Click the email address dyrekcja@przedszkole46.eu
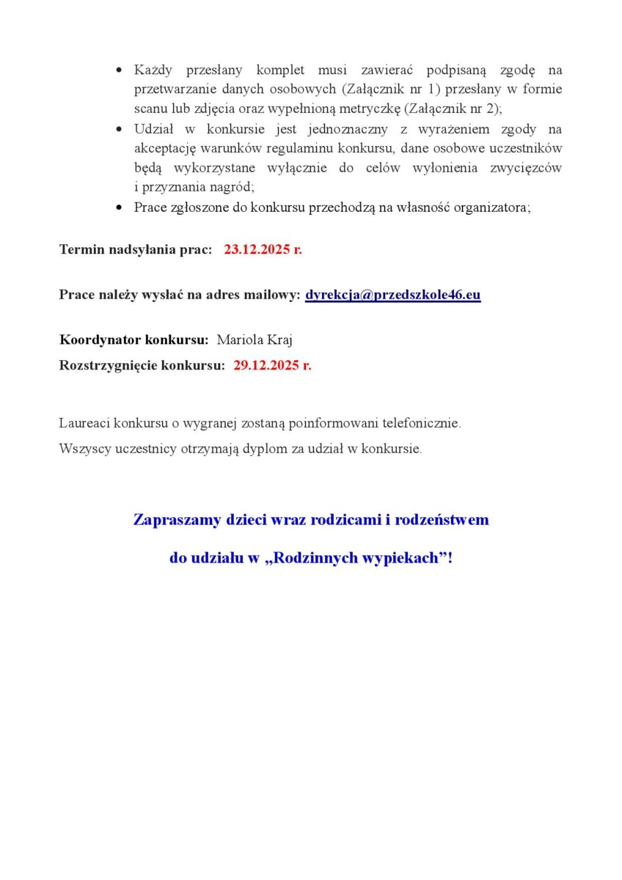point(392,295)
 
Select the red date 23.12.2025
point(257,249)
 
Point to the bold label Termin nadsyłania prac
point(136,249)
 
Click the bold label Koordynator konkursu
point(134,340)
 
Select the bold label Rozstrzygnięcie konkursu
point(142,365)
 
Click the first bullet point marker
point(120,70)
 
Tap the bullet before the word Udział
point(120,130)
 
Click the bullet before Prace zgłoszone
point(120,208)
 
